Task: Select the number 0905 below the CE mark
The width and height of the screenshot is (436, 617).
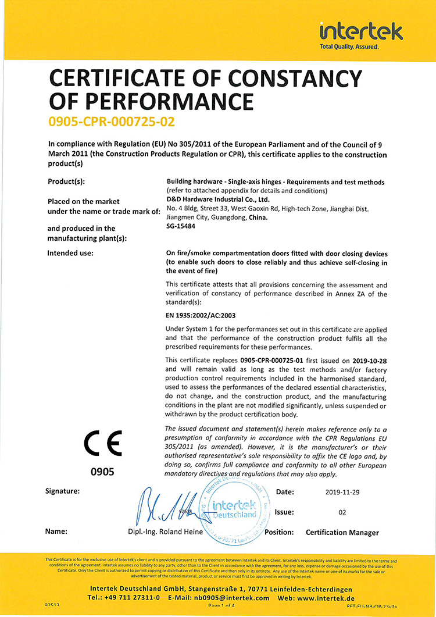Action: (x=102, y=472)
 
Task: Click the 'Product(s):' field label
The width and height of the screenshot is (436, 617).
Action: (x=66, y=181)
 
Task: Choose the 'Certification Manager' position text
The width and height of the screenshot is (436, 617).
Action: (x=342, y=532)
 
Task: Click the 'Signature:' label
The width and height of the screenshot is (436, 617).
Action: (x=62, y=491)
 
